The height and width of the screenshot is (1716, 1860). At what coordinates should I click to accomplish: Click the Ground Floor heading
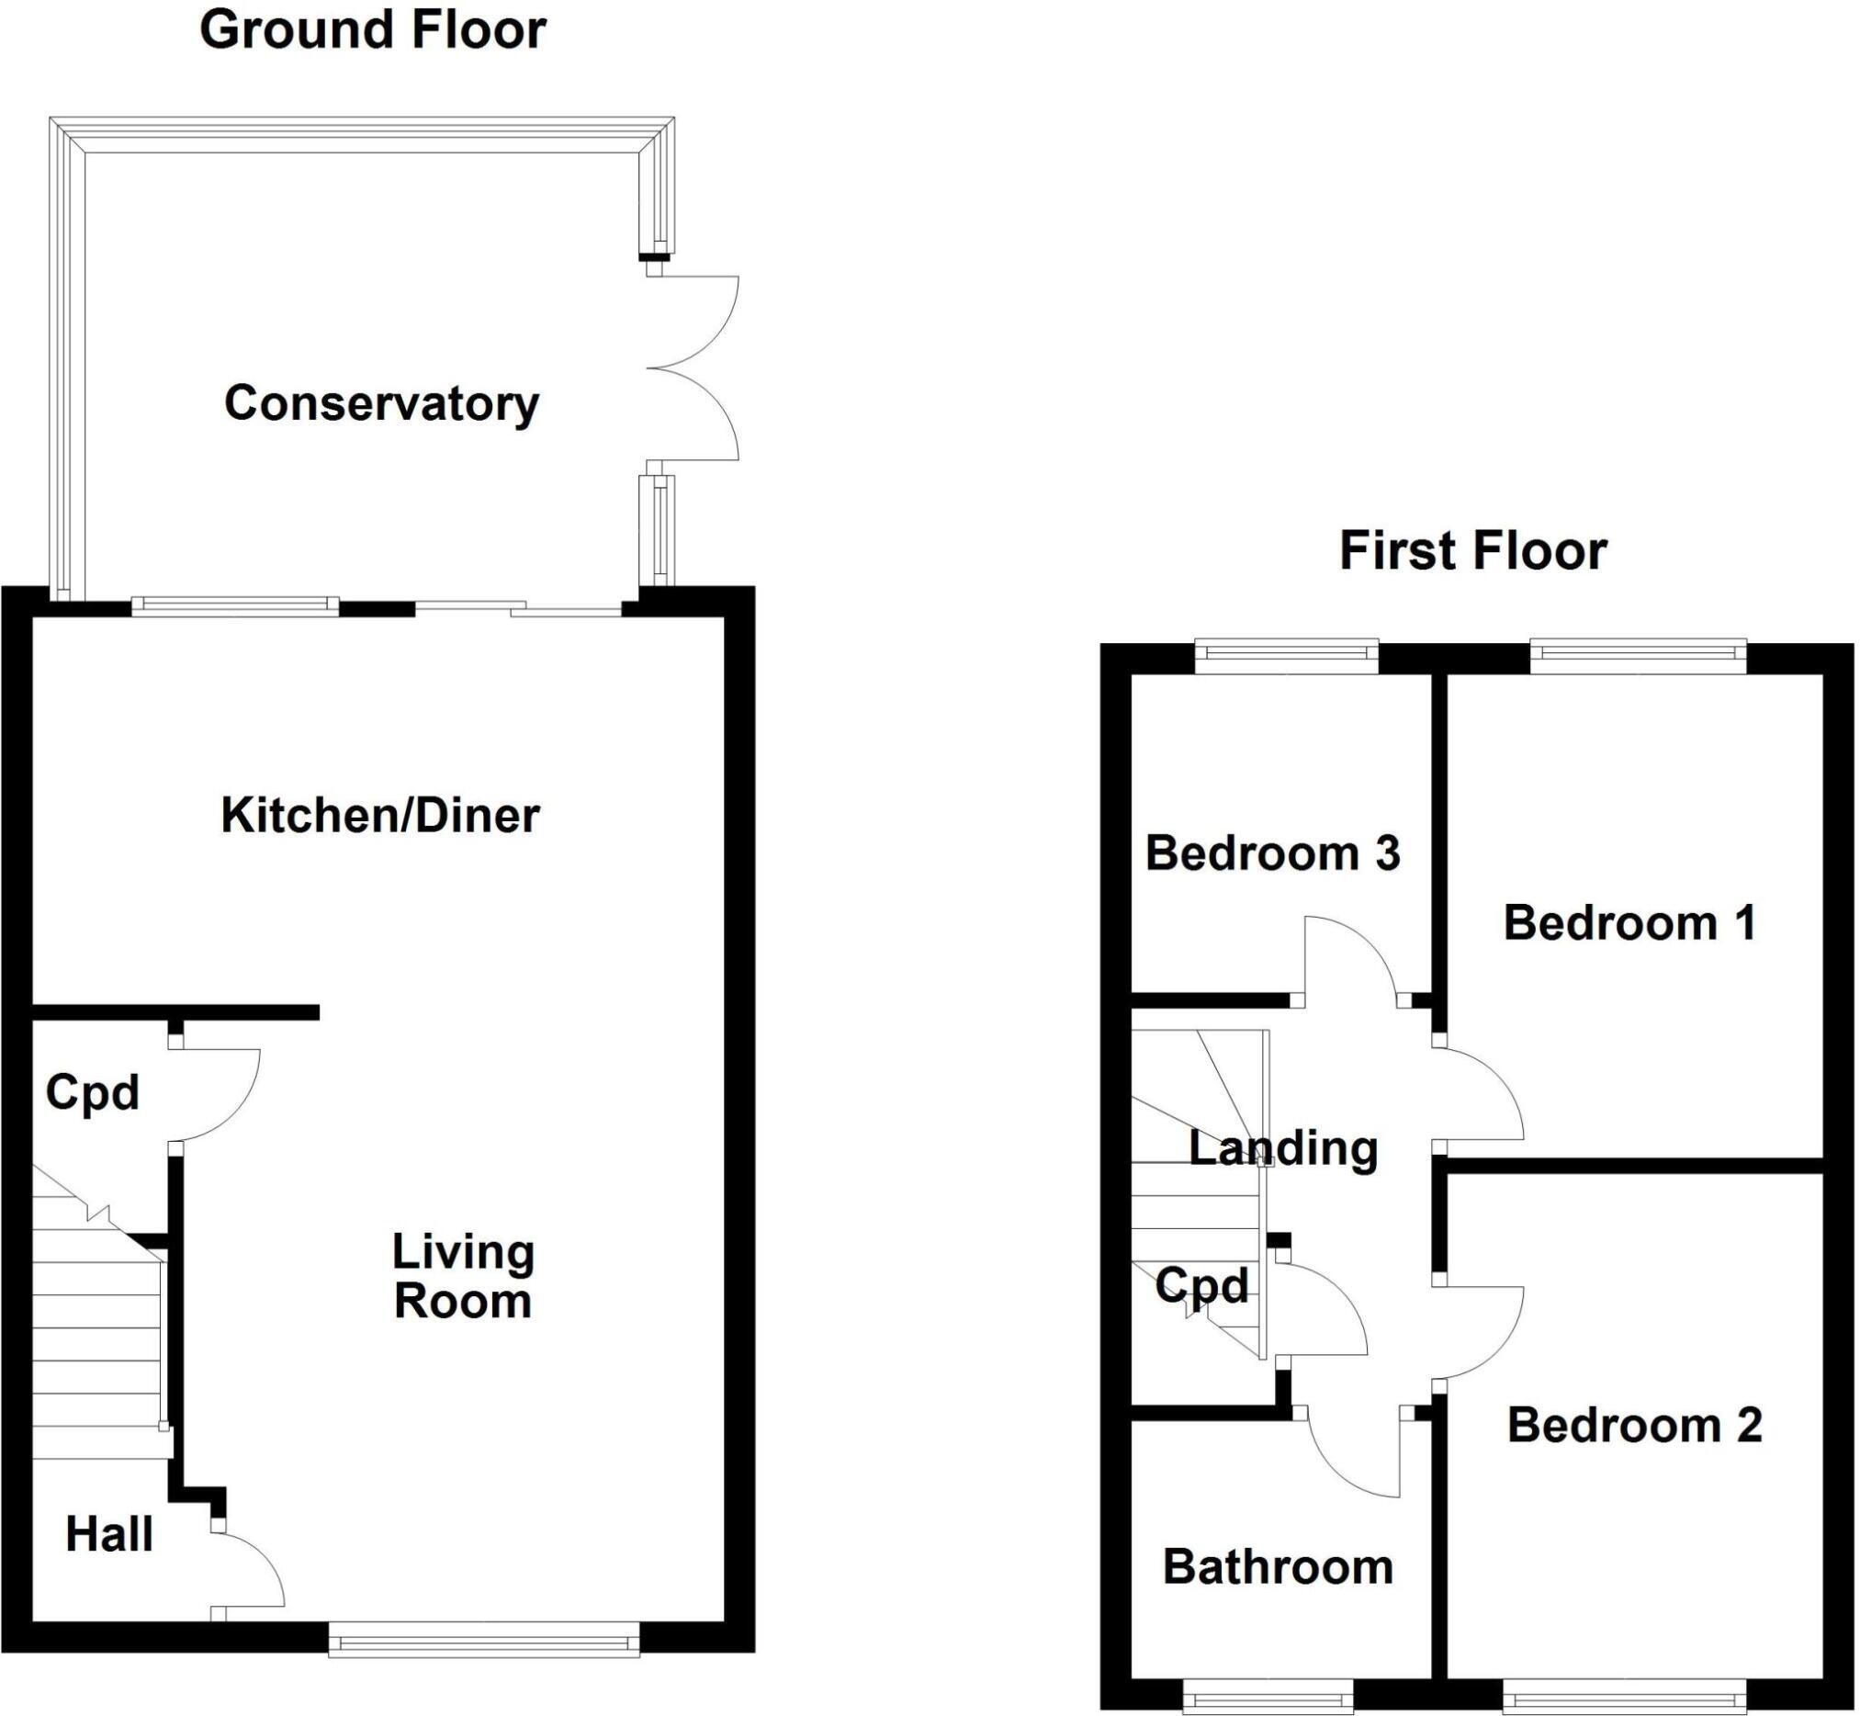pos(372,30)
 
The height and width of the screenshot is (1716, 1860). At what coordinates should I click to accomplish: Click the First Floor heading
pos(1472,550)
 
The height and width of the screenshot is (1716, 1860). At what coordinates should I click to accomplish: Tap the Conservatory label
pos(382,404)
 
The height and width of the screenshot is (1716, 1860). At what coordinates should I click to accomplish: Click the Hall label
pos(109,1534)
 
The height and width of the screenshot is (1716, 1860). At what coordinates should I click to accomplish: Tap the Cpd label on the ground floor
pos(92,1092)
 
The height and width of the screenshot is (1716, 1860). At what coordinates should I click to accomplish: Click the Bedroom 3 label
pos(1272,853)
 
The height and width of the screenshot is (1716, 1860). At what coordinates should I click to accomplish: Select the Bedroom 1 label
pos(1629,923)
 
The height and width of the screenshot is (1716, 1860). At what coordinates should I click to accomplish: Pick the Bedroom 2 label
pos(1634,1426)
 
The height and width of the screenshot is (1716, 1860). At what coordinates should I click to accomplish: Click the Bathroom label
pos(1278,1567)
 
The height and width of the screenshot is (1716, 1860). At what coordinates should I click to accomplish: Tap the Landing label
pos(1283,1148)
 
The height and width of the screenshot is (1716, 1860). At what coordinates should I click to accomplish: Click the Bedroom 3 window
pos(1286,656)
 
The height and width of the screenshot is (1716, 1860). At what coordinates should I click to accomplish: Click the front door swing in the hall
pos(249,1573)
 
